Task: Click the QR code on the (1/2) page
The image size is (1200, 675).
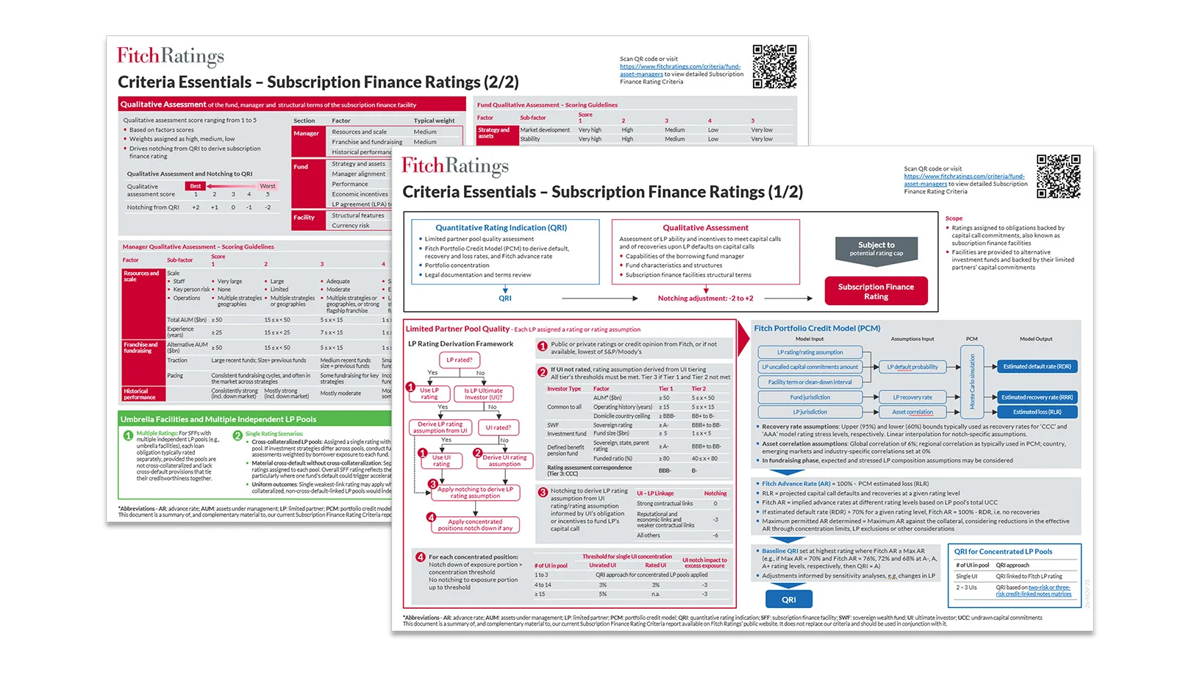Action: point(1058,176)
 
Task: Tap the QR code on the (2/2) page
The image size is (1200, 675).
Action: point(774,66)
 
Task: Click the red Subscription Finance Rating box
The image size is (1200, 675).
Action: point(876,291)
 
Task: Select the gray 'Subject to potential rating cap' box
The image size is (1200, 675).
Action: point(876,249)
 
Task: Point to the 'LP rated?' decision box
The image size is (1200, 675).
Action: point(459,360)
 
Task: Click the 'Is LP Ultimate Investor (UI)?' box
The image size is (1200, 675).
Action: point(483,393)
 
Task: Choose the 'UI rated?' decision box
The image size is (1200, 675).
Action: point(498,427)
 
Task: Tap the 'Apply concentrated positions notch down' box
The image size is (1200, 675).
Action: point(475,524)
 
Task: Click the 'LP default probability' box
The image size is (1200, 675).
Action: point(912,367)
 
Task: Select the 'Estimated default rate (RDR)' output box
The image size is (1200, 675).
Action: point(1037,366)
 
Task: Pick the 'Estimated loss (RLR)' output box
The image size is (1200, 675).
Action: point(1037,412)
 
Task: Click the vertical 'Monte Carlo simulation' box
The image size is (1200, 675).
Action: point(972,382)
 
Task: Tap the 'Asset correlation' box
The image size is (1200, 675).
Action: point(912,412)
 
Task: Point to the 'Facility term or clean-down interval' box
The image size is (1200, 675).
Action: point(810,382)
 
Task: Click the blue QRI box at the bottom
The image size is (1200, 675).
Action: point(788,599)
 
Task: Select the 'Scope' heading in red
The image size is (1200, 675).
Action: point(954,218)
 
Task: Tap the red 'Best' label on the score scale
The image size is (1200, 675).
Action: point(195,186)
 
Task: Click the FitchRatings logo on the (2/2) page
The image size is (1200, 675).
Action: point(171,57)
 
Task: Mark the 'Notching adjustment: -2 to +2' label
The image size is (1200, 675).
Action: point(705,299)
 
